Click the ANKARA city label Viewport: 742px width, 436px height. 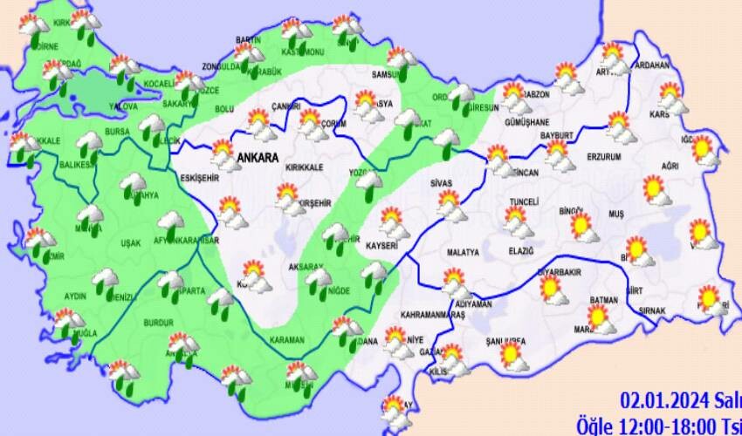click(x=257, y=159)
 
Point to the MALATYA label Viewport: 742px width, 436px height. click(x=464, y=253)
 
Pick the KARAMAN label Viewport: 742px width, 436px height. click(x=287, y=340)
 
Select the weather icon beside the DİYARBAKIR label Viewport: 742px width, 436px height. click(x=553, y=289)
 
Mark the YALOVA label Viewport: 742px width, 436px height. click(x=123, y=106)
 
